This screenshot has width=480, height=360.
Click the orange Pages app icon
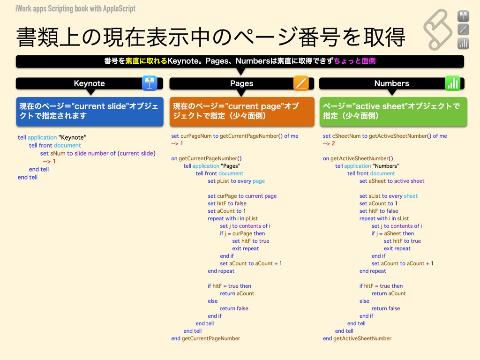pos(301,83)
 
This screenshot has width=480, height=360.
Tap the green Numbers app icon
pos(452,83)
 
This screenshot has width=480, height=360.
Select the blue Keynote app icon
pos(150,83)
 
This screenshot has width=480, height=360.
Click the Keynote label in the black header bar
pos(89,83)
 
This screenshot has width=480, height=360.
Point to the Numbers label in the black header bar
pos(391,83)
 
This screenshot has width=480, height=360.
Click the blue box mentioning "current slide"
pos(90,111)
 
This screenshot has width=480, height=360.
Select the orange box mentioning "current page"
pos(241,111)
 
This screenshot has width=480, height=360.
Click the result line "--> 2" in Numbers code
pos(329,143)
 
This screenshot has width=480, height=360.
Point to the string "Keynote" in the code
pos(72,137)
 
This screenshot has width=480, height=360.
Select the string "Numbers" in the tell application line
pos(386,166)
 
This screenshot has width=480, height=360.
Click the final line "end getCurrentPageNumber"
pos(205,338)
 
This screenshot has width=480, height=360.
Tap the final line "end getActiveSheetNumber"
pos(357,338)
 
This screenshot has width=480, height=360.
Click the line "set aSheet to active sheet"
pos(391,181)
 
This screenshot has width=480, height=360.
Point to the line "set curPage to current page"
pos(242,196)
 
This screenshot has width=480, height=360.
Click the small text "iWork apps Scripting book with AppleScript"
pos(75,8)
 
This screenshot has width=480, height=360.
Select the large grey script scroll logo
pos(438,29)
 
